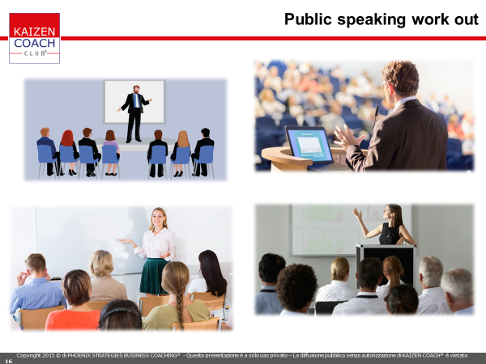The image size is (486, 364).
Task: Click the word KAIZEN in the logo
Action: point(34,32)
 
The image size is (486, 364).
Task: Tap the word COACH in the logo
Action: point(34,43)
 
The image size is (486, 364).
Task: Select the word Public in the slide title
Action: point(308,19)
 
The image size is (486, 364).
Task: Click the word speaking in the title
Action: point(372,20)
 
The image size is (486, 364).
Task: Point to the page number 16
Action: point(8,361)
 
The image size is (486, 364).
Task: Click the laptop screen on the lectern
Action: point(309,144)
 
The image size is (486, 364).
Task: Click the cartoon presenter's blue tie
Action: point(136,100)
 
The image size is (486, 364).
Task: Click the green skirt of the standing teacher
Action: point(154,276)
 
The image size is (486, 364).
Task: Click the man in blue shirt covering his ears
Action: point(36,284)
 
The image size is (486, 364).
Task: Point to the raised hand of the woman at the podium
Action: point(357,214)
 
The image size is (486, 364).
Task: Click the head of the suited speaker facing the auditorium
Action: point(399,79)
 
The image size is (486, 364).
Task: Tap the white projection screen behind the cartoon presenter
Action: point(134,102)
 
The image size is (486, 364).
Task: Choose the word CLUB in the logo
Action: point(35,53)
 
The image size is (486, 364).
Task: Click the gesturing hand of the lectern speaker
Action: point(347,137)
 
